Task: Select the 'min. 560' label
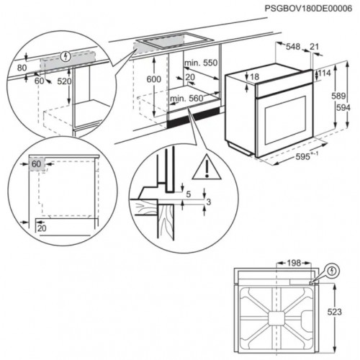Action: pyautogui.click(x=187, y=98)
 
